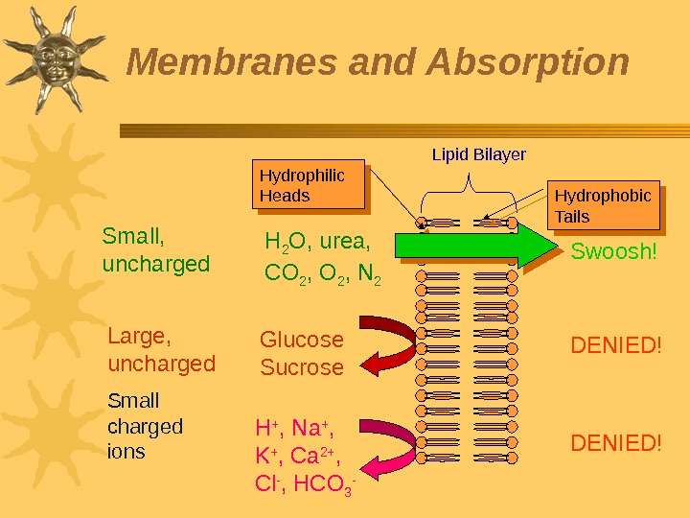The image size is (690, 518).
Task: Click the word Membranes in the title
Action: [x=233, y=63]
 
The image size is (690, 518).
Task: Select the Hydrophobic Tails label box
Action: [x=604, y=205]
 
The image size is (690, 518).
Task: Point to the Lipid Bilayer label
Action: [x=478, y=153]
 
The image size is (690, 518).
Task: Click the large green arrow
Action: [x=474, y=246]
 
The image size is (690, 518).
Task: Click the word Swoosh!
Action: [x=614, y=252]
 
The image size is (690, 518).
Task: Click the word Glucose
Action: [x=302, y=340]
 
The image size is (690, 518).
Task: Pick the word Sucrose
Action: [x=302, y=367]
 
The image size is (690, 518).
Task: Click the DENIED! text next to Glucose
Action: [x=616, y=342]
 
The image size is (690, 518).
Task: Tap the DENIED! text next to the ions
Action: [x=616, y=442]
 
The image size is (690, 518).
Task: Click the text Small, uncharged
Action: [x=155, y=249]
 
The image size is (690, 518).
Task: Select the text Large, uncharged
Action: [x=161, y=350]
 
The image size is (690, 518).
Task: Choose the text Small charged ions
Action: [x=145, y=425]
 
